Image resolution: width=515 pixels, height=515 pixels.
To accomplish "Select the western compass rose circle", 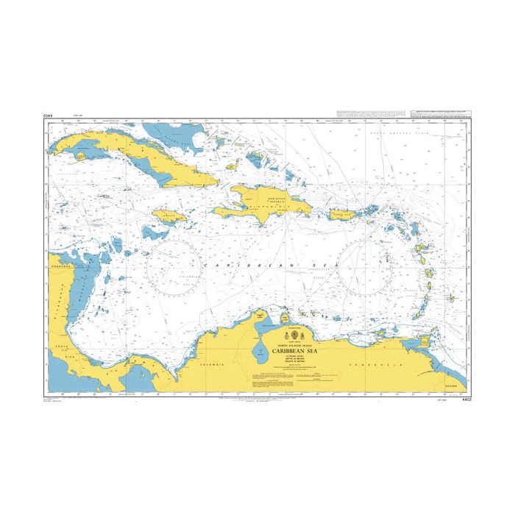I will (x=172, y=266).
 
